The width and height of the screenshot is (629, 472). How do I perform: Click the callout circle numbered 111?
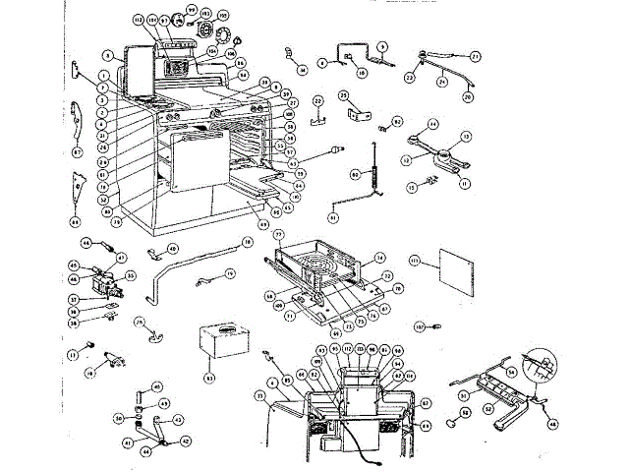pos(415,262)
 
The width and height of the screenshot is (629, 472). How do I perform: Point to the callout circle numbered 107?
pos(418,325)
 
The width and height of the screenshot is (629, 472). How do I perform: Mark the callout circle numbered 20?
pos(468,98)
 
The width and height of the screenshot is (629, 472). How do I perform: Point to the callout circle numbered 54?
pos(511,373)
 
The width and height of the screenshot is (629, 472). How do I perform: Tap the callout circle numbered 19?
pos(230,273)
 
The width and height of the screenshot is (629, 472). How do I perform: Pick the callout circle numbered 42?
pos(186,442)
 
